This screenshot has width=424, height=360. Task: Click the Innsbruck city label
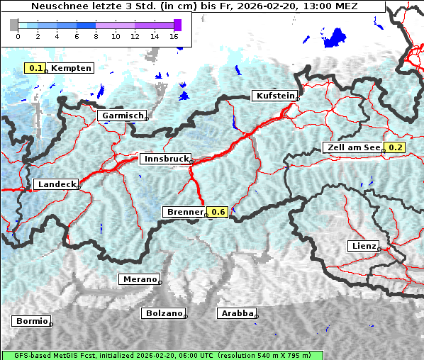click(x=164, y=159)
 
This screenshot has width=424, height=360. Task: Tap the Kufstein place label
click(x=274, y=96)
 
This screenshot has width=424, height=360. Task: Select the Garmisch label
click(x=123, y=116)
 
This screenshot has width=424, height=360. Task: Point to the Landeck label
click(x=56, y=184)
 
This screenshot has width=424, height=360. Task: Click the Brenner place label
click(x=184, y=212)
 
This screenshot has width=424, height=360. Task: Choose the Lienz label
click(x=363, y=246)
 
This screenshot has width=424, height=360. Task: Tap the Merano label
click(x=139, y=279)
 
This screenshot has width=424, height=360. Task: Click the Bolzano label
click(x=163, y=313)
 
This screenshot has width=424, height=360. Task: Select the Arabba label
click(x=237, y=313)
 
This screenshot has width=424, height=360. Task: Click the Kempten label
click(x=70, y=68)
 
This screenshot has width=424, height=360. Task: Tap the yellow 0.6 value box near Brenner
click(x=218, y=212)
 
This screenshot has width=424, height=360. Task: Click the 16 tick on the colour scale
click(x=174, y=35)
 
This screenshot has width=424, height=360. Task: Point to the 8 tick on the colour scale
click(x=96, y=35)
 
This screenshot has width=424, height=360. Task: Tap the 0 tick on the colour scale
click(x=18, y=35)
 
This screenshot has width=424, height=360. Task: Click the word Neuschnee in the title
click(x=58, y=6)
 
